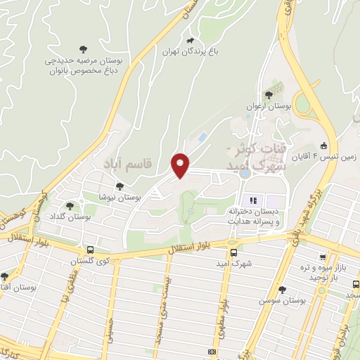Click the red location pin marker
coord(181,165)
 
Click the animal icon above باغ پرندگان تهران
coord(190,40)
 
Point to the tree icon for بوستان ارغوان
coord(268,94)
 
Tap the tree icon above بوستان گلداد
coord(70,206)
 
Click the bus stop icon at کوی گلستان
coord(90,250)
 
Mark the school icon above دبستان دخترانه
coord(252,199)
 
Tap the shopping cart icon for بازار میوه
coord(322,258)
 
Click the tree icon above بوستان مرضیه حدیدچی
coord(84,49)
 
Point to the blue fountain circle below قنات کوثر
coord(244,172)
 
